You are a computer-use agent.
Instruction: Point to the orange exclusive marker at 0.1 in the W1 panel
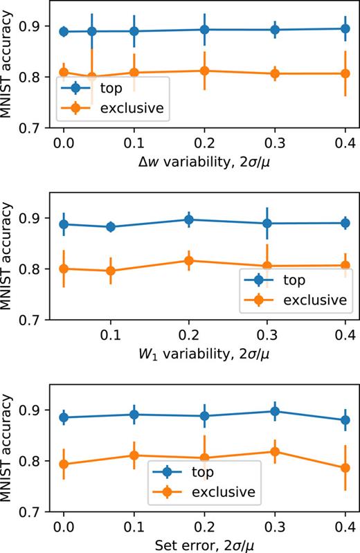(111, 271)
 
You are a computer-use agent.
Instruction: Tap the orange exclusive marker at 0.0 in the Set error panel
(64, 464)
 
